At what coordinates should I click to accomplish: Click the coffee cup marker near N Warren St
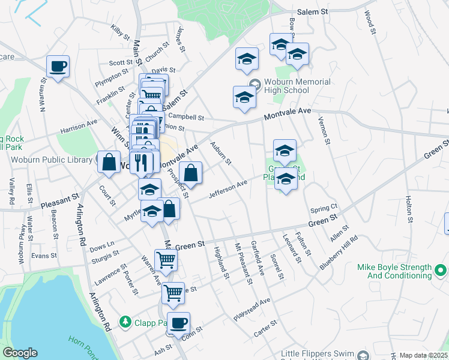tap(58, 66)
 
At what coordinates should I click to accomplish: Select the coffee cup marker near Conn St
tap(178, 323)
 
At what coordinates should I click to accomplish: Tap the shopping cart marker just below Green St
tap(166, 260)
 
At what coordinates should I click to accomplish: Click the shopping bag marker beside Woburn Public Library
tap(109, 162)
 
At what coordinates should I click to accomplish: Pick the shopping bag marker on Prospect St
tap(190, 173)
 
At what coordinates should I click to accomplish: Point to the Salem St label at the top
tap(313, 11)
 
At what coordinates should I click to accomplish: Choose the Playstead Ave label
tap(252, 309)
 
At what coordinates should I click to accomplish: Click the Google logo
tap(20, 353)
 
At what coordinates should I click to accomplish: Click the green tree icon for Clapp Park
tap(125, 322)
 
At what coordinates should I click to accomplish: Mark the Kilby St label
tap(120, 32)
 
